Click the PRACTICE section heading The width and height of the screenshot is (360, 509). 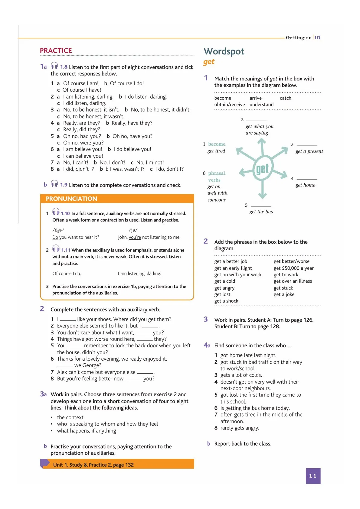[56, 50]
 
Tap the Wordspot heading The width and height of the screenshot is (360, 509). [224, 51]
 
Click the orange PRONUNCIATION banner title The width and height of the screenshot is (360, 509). [71, 199]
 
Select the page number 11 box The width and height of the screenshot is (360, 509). [313, 476]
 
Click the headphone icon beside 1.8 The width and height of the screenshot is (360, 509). [54, 66]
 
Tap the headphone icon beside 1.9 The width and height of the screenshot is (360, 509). [54, 184]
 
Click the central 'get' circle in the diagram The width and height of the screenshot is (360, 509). [262, 169]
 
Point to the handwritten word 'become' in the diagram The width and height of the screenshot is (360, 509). [217, 144]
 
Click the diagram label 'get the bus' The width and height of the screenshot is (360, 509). [261, 212]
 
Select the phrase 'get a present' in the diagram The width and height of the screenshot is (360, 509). [309, 151]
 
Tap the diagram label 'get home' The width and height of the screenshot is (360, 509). [305, 185]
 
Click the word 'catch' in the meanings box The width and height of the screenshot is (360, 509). [285, 98]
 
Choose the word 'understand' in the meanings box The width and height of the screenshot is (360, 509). [261, 105]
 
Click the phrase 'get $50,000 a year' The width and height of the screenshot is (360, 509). [293, 268]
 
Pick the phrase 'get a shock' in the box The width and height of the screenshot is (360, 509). [226, 301]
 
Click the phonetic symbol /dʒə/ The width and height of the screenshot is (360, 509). [58, 230]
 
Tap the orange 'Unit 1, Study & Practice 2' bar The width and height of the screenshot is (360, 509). [117, 465]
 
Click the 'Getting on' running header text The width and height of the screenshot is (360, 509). [298, 37]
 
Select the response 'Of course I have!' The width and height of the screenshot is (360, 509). [82, 90]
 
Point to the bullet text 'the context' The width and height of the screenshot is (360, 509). [70, 417]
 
